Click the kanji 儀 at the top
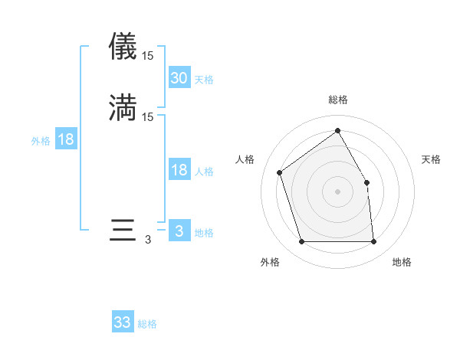click(x=123, y=47)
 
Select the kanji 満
click(x=123, y=108)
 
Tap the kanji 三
click(x=123, y=231)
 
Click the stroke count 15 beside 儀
click(x=148, y=55)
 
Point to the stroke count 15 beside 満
click(x=148, y=116)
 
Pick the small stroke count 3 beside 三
click(x=148, y=240)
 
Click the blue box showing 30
click(x=179, y=78)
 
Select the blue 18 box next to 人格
click(x=179, y=170)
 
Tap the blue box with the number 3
click(x=179, y=231)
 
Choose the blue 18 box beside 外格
click(x=66, y=139)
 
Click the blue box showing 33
click(x=123, y=322)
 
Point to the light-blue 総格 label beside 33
click(x=147, y=324)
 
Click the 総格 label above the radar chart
click(x=337, y=100)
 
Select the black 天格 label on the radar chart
click(x=431, y=159)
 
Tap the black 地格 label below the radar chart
click(x=402, y=262)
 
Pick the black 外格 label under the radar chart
click(x=270, y=262)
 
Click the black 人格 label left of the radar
click(x=245, y=159)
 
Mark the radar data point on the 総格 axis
click(x=337, y=130)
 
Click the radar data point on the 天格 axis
click(x=366, y=182)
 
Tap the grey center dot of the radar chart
click(x=337, y=191)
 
